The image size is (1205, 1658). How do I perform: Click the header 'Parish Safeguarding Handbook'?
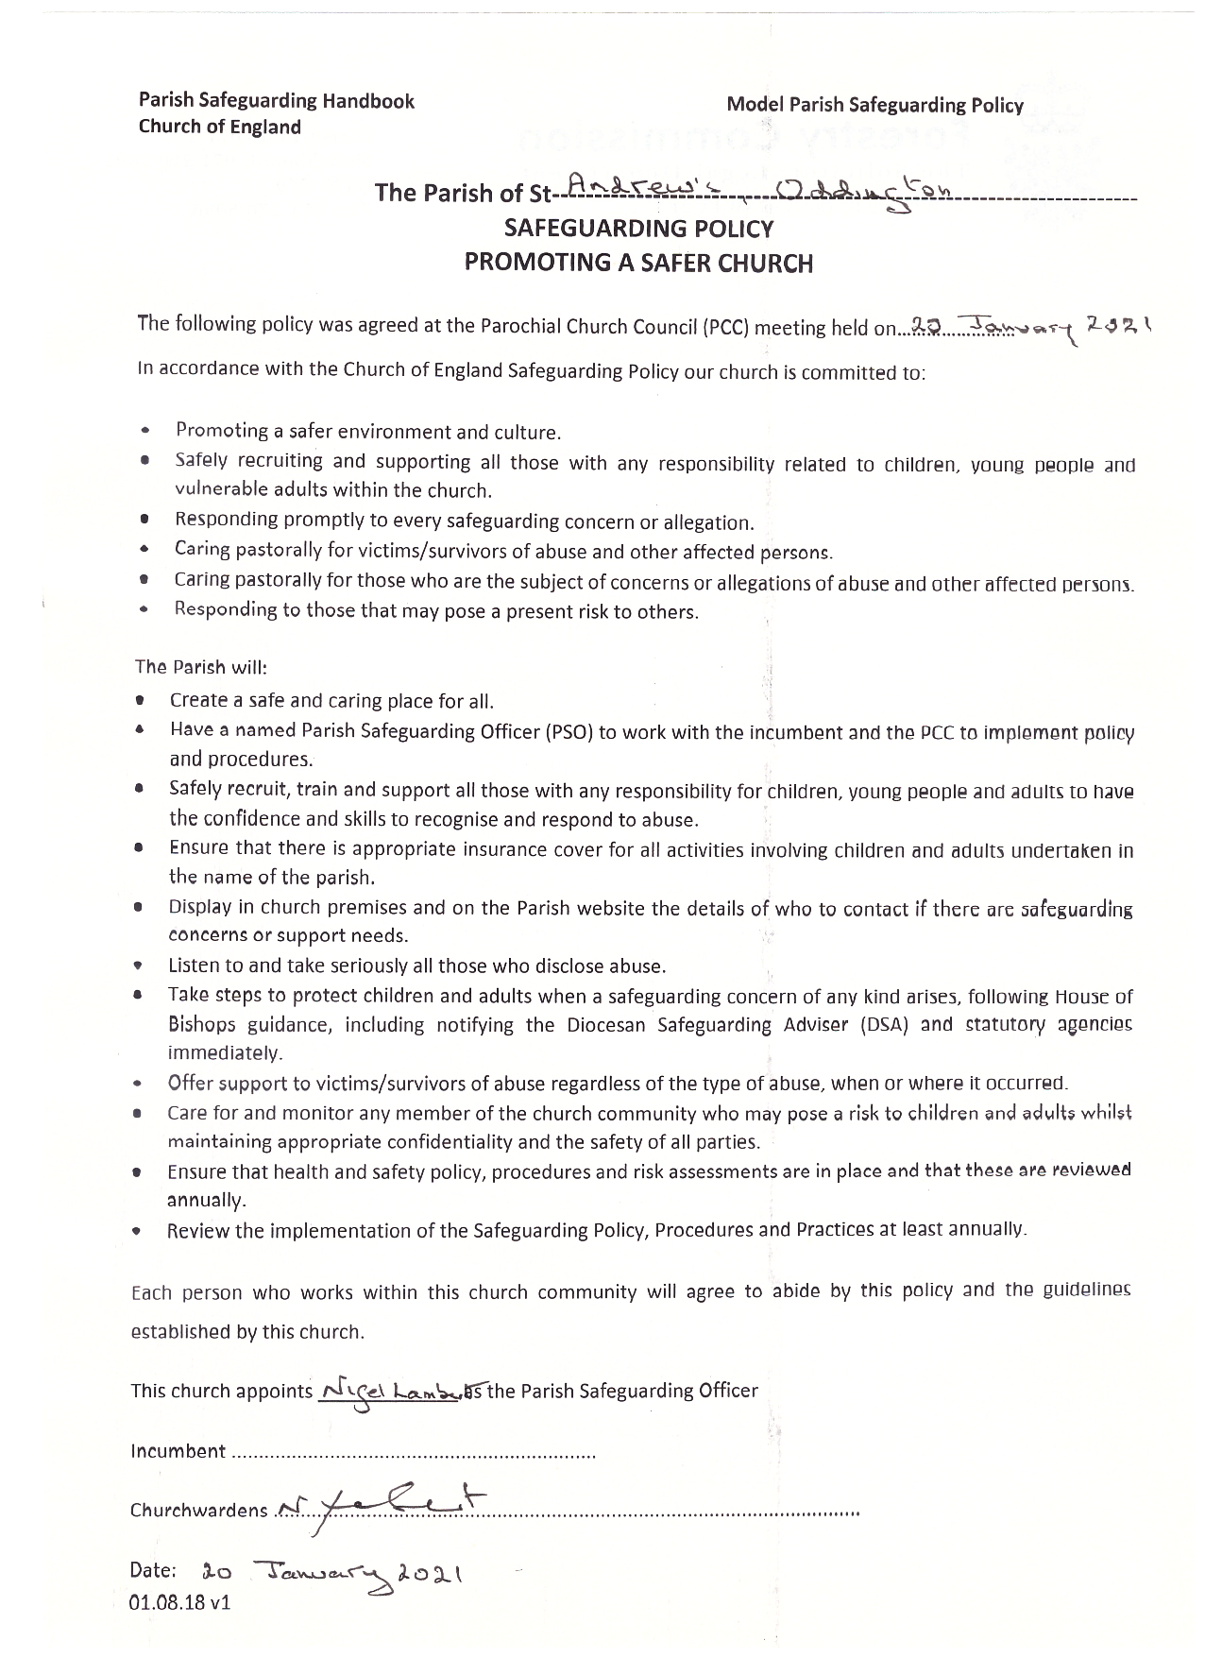[x=276, y=101]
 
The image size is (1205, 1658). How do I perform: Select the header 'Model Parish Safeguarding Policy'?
[x=874, y=105]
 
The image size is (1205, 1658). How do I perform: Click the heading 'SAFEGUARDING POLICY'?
[x=639, y=229]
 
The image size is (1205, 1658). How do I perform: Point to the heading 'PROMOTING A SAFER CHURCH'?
[x=638, y=263]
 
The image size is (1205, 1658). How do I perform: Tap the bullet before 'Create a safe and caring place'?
[x=139, y=701]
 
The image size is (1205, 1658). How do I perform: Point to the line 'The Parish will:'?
[x=201, y=667]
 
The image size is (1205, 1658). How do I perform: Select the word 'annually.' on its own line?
[x=207, y=1200]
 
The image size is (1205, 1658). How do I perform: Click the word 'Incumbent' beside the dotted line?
[x=178, y=1451]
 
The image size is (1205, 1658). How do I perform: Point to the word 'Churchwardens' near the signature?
[x=199, y=1510]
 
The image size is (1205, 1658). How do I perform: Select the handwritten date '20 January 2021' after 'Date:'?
[x=331, y=1572]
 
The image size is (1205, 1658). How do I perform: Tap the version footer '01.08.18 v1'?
[x=179, y=1603]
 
